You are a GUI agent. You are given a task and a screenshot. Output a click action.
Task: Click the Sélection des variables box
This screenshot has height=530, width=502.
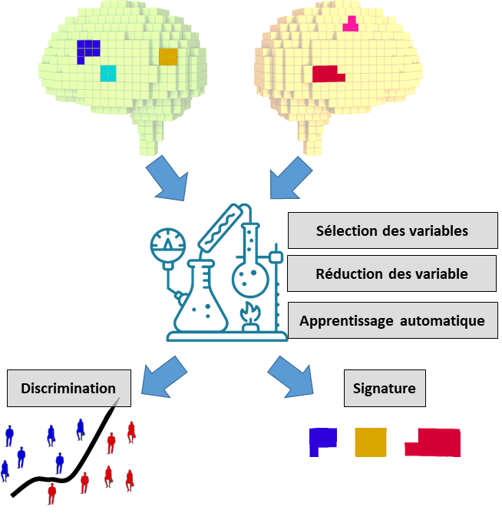pyautogui.click(x=392, y=230)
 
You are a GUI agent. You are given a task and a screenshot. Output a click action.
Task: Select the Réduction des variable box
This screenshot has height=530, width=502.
pyautogui.click(x=392, y=274)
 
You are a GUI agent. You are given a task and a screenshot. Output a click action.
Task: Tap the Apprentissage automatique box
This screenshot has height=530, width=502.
pyautogui.click(x=392, y=320)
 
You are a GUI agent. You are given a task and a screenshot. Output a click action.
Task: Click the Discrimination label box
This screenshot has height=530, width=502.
pyautogui.click(x=69, y=388)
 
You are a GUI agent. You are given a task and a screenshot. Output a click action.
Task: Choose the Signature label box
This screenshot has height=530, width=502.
pyautogui.click(x=384, y=388)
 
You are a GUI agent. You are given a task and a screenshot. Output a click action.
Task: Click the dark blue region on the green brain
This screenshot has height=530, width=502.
pyautogui.click(x=87, y=51)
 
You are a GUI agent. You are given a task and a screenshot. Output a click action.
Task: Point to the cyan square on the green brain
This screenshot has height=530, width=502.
pyautogui.click(x=108, y=73)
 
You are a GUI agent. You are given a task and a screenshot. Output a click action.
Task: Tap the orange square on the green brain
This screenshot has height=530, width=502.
pyautogui.click(x=168, y=57)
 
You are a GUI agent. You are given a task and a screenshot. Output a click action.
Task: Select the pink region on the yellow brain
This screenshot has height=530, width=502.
pyautogui.click(x=350, y=25)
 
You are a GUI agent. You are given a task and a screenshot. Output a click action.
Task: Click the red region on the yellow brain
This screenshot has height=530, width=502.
pyautogui.click(x=327, y=74)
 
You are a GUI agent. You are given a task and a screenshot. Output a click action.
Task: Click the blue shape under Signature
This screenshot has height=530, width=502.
pyautogui.click(x=322, y=442)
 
